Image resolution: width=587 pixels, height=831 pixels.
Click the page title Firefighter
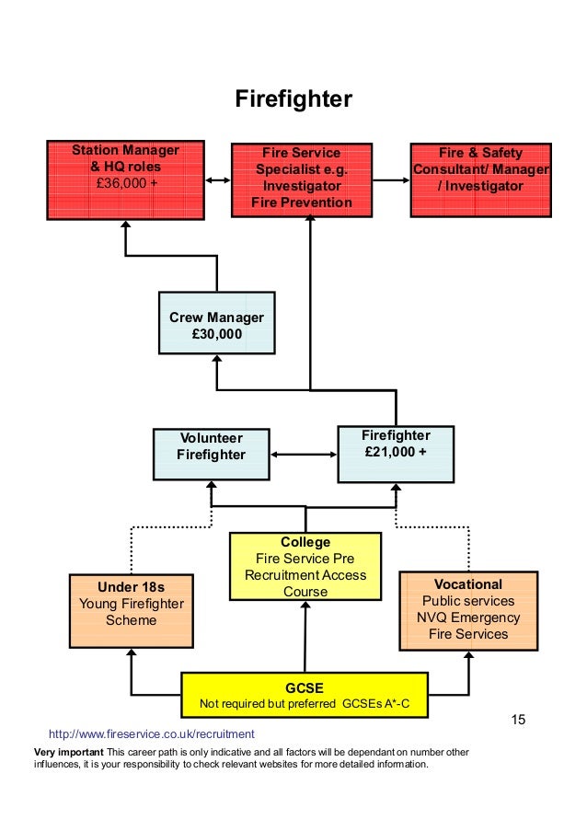(x=293, y=98)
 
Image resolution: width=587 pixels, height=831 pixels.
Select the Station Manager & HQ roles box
(x=126, y=180)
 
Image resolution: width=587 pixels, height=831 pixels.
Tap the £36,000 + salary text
(x=126, y=184)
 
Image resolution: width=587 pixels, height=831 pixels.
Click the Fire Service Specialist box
(x=302, y=179)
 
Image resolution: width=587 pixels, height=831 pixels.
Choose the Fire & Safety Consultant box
(x=480, y=179)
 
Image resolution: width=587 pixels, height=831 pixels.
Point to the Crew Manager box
(x=216, y=323)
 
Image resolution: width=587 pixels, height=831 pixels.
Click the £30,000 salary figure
(x=216, y=334)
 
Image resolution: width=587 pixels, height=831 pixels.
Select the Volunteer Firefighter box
(x=211, y=455)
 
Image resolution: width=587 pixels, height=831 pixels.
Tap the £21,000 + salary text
(x=396, y=452)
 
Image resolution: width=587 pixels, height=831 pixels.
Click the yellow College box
(x=305, y=567)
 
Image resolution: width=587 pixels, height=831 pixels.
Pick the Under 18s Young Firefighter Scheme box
(x=132, y=611)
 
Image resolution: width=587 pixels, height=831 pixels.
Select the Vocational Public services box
(x=468, y=609)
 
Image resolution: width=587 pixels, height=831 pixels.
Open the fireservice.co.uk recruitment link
(x=151, y=734)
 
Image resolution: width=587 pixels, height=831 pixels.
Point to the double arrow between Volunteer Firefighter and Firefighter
(x=304, y=455)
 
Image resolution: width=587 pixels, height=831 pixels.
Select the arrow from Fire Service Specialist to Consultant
(x=391, y=180)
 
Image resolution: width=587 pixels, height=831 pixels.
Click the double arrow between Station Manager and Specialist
(x=218, y=180)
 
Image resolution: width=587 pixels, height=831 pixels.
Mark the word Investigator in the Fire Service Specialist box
(x=302, y=186)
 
